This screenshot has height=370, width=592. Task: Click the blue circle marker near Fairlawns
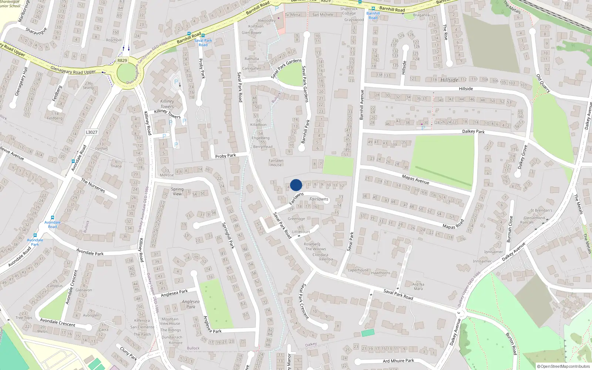click(x=296, y=185)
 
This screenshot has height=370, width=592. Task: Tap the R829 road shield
click(x=122, y=60)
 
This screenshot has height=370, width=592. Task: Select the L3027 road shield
click(x=91, y=132)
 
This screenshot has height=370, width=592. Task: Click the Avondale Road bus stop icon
click(x=53, y=218)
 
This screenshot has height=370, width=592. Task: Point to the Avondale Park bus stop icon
click(x=35, y=235)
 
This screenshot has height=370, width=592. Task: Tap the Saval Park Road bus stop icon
click(x=203, y=36)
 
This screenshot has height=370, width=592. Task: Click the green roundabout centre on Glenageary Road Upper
click(x=126, y=72)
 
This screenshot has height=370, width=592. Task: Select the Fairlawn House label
click(x=276, y=163)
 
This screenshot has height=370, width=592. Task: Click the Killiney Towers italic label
click(x=167, y=104)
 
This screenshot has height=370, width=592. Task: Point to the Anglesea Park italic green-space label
click(x=191, y=304)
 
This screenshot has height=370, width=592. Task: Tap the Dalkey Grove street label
click(x=522, y=157)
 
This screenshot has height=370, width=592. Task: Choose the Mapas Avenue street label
click(x=416, y=179)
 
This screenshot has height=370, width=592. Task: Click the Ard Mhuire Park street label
click(x=398, y=361)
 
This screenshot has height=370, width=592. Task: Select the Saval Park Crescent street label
click(x=304, y=301)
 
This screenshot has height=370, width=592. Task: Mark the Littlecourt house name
click(x=301, y=232)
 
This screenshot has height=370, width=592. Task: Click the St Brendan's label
click(x=541, y=211)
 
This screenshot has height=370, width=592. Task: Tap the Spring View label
click(x=177, y=191)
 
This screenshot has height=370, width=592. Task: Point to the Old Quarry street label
click(x=543, y=84)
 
